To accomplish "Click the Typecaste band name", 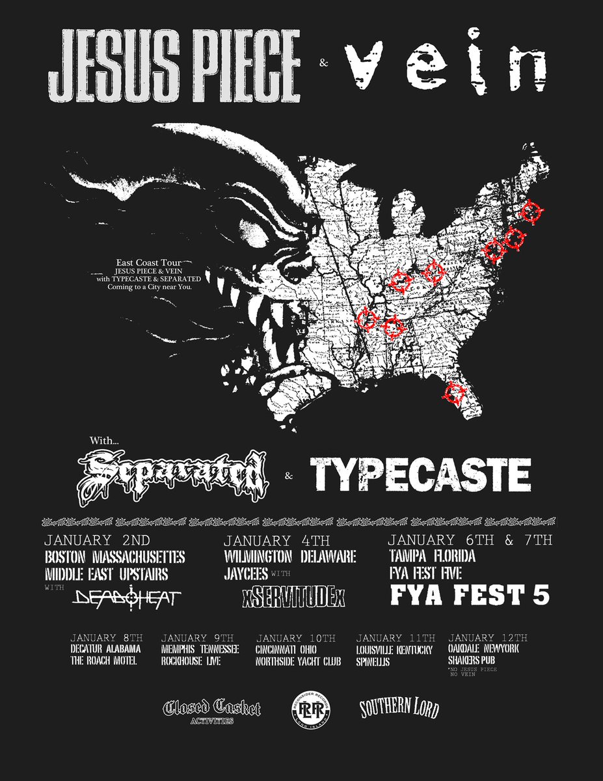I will (420, 474).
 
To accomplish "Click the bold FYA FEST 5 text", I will (469, 596).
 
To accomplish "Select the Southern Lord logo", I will (399, 709).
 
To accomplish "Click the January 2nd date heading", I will (98, 541).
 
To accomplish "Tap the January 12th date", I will (488, 638).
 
